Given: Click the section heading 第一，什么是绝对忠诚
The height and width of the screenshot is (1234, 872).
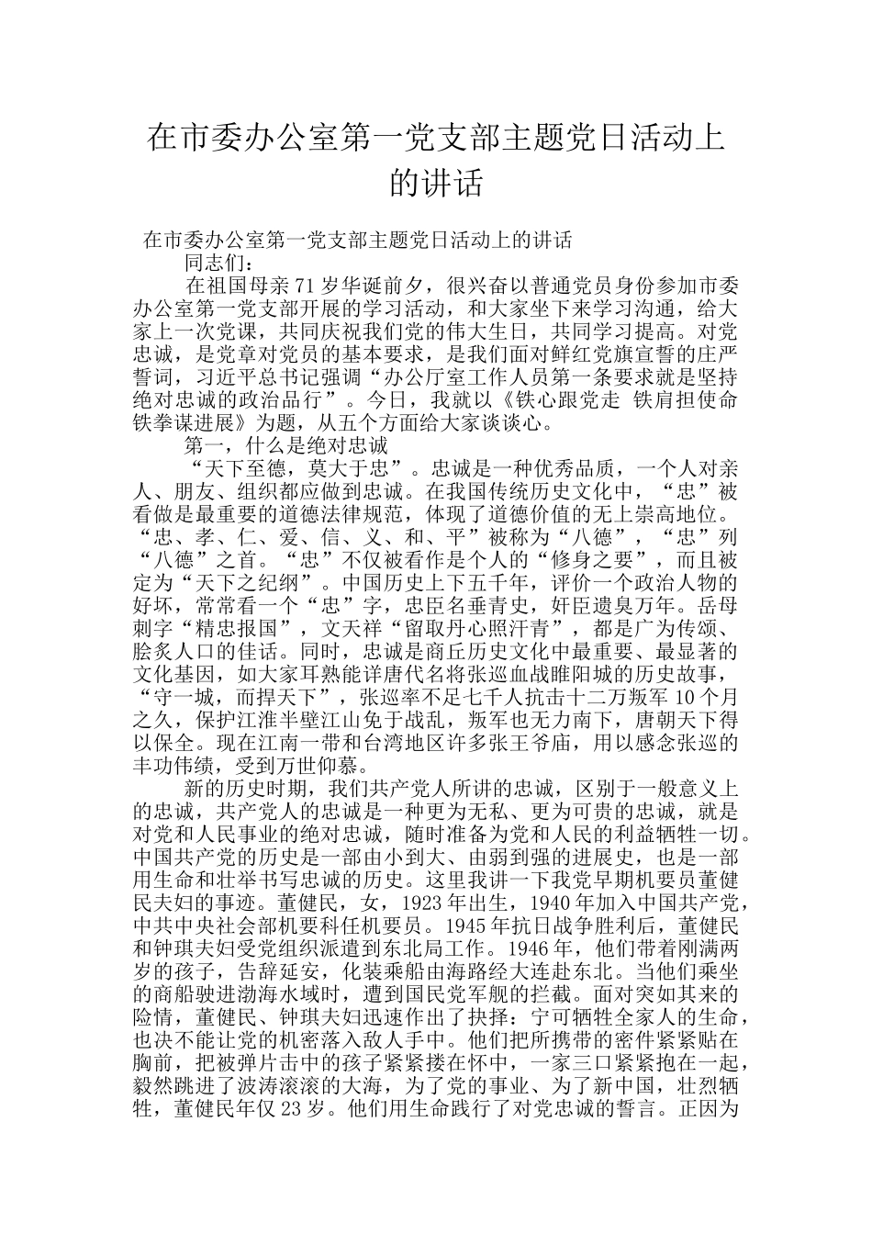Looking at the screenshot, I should coord(287,446).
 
